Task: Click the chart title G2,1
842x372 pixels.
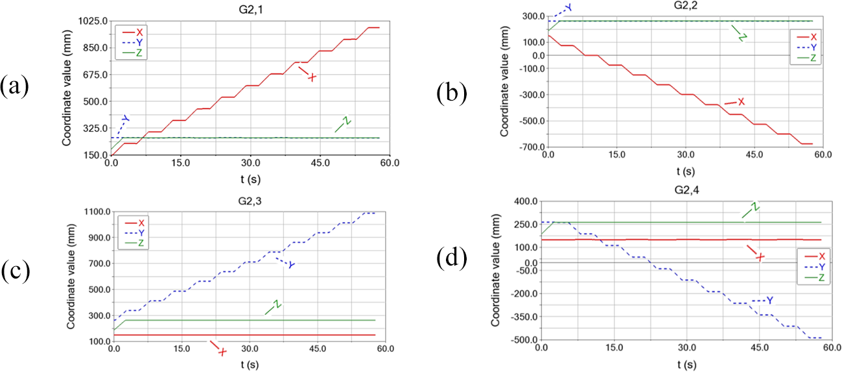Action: coord(249,7)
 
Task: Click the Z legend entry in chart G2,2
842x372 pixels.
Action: coord(813,58)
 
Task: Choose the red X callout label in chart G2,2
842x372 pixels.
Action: coord(741,102)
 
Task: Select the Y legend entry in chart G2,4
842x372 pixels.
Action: coord(813,267)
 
